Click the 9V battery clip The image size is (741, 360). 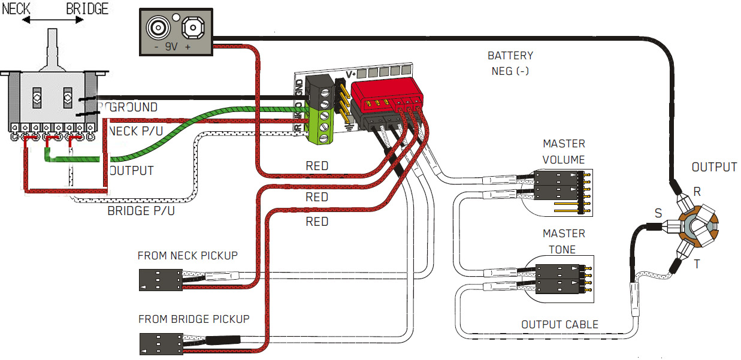pyautogui.click(x=177, y=32)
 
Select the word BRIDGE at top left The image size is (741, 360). pyautogui.click(x=87, y=9)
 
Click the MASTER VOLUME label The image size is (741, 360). pyautogui.click(x=563, y=152)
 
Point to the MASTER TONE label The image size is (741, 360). pyautogui.click(x=563, y=241)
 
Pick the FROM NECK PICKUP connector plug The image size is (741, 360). pyautogui.click(x=159, y=279)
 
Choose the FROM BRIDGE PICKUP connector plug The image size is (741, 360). pyautogui.click(x=159, y=344)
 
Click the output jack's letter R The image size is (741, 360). pyautogui.click(x=697, y=192)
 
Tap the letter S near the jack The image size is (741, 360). pyautogui.click(x=658, y=213)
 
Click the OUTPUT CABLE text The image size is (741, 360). pyautogui.click(x=559, y=325)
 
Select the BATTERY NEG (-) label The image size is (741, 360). pyautogui.click(x=510, y=63)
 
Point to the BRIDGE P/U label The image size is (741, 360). pyautogui.click(x=141, y=211)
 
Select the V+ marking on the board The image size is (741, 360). pyautogui.click(x=352, y=75)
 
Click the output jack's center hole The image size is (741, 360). pyautogui.click(x=697, y=228)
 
